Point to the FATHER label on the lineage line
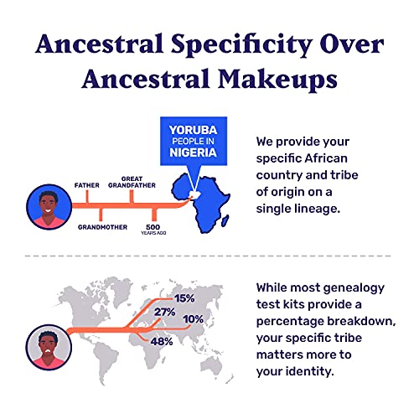tap(87, 184)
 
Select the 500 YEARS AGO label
tap(153, 229)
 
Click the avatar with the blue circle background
tap(44, 206)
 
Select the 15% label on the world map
tap(184, 297)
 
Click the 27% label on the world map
tap(163, 313)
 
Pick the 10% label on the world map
tap(193, 319)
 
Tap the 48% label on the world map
tap(162, 341)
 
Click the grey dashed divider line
tap(209, 255)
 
